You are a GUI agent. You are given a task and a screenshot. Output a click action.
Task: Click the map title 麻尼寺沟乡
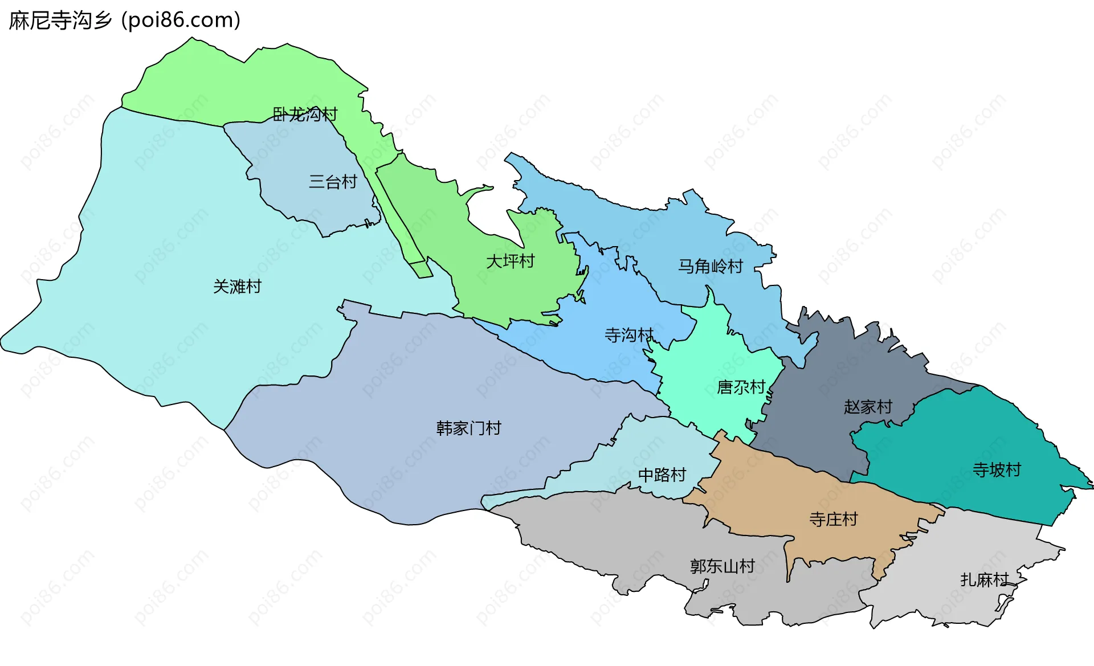click(x=60, y=21)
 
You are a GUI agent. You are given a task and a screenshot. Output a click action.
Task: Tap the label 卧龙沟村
click(x=305, y=115)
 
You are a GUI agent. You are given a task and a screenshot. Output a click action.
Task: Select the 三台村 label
click(x=333, y=182)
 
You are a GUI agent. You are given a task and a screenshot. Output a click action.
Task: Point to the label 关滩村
click(x=237, y=286)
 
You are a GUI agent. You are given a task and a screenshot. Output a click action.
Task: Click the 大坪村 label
click(x=510, y=261)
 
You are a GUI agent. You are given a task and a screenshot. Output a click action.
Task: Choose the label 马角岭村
click(x=710, y=266)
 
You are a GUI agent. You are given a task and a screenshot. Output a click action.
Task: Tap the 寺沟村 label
click(x=628, y=335)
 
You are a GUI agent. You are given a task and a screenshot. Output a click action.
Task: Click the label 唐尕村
click(x=741, y=387)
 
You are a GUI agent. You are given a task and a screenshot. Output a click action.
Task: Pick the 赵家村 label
click(x=867, y=407)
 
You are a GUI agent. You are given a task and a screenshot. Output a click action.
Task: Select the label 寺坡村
click(x=997, y=470)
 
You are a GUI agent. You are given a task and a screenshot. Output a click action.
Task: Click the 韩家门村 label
click(x=468, y=428)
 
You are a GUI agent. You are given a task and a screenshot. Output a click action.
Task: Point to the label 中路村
click(x=662, y=475)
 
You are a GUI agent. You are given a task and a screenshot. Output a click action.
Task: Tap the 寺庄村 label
click(x=833, y=519)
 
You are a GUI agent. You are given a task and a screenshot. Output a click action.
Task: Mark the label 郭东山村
click(x=722, y=566)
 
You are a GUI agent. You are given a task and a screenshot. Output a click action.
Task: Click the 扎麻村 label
click(x=984, y=579)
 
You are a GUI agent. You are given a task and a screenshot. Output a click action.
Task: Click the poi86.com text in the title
click(x=181, y=21)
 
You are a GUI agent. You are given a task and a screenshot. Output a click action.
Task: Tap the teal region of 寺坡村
click(x=969, y=433)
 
